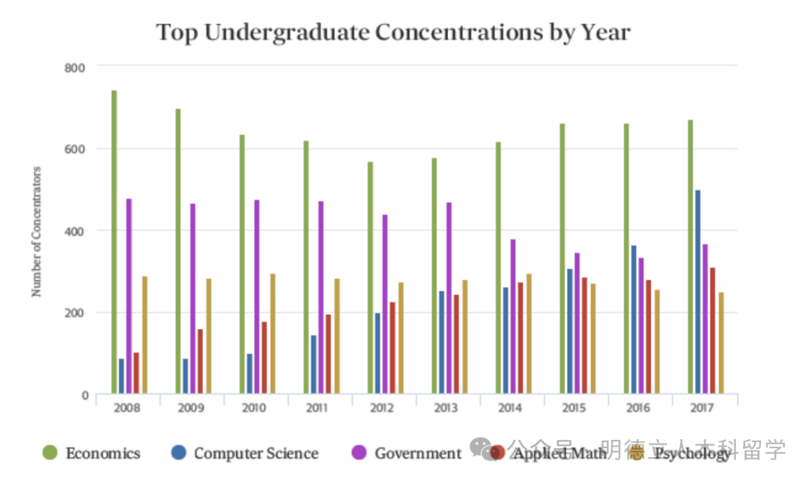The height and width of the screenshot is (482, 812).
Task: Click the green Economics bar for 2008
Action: (114, 241)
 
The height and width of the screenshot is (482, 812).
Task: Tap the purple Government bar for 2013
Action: (450, 298)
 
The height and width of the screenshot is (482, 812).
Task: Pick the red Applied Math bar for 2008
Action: (136, 373)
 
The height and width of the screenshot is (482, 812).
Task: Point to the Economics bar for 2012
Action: (371, 277)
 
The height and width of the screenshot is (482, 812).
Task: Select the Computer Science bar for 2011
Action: (314, 364)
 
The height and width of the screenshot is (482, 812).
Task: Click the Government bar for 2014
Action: (514, 317)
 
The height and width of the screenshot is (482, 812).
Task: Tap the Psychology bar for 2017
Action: (721, 343)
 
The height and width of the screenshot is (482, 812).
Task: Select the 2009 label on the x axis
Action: (192, 408)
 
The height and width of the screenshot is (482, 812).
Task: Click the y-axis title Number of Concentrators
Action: (36, 231)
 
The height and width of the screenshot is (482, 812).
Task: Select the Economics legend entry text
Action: (103, 453)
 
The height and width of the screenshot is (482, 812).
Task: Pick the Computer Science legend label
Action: (256, 453)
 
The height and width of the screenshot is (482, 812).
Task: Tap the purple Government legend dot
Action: (359, 453)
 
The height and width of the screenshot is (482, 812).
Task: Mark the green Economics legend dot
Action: (50, 453)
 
